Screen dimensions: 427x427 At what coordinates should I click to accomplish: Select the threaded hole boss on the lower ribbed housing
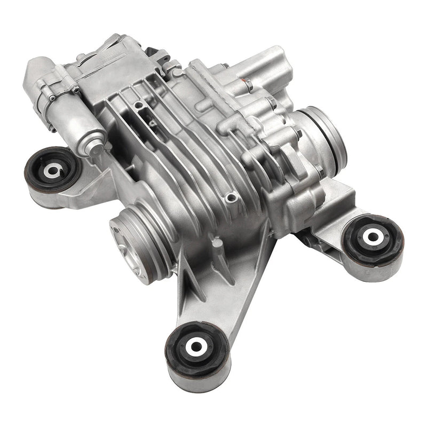click(x=230, y=198)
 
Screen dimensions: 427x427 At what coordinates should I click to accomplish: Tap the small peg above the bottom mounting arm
click(x=216, y=243)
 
